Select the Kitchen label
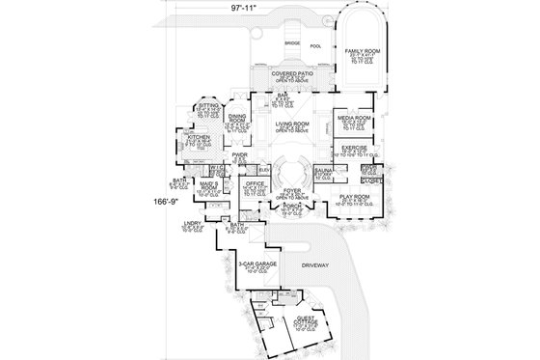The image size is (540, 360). click(197, 138)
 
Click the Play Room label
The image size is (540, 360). click(356, 198)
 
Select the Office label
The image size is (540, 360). click(255, 181)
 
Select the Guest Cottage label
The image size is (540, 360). click(306, 320)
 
